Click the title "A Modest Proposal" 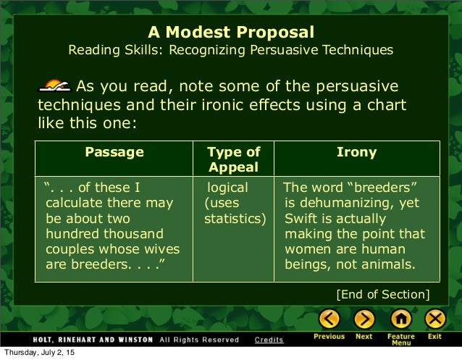[x=231, y=33]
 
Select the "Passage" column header [x=114, y=152]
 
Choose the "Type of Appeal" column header [x=233, y=159]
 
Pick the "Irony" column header [x=356, y=152]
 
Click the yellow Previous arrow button [x=329, y=319]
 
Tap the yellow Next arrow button [x=364, y=319]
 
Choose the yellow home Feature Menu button [x=400, y=319]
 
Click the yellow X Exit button [x=434, y=319]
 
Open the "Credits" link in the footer [x=269, y=339]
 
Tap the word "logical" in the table [x=228, y=188]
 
